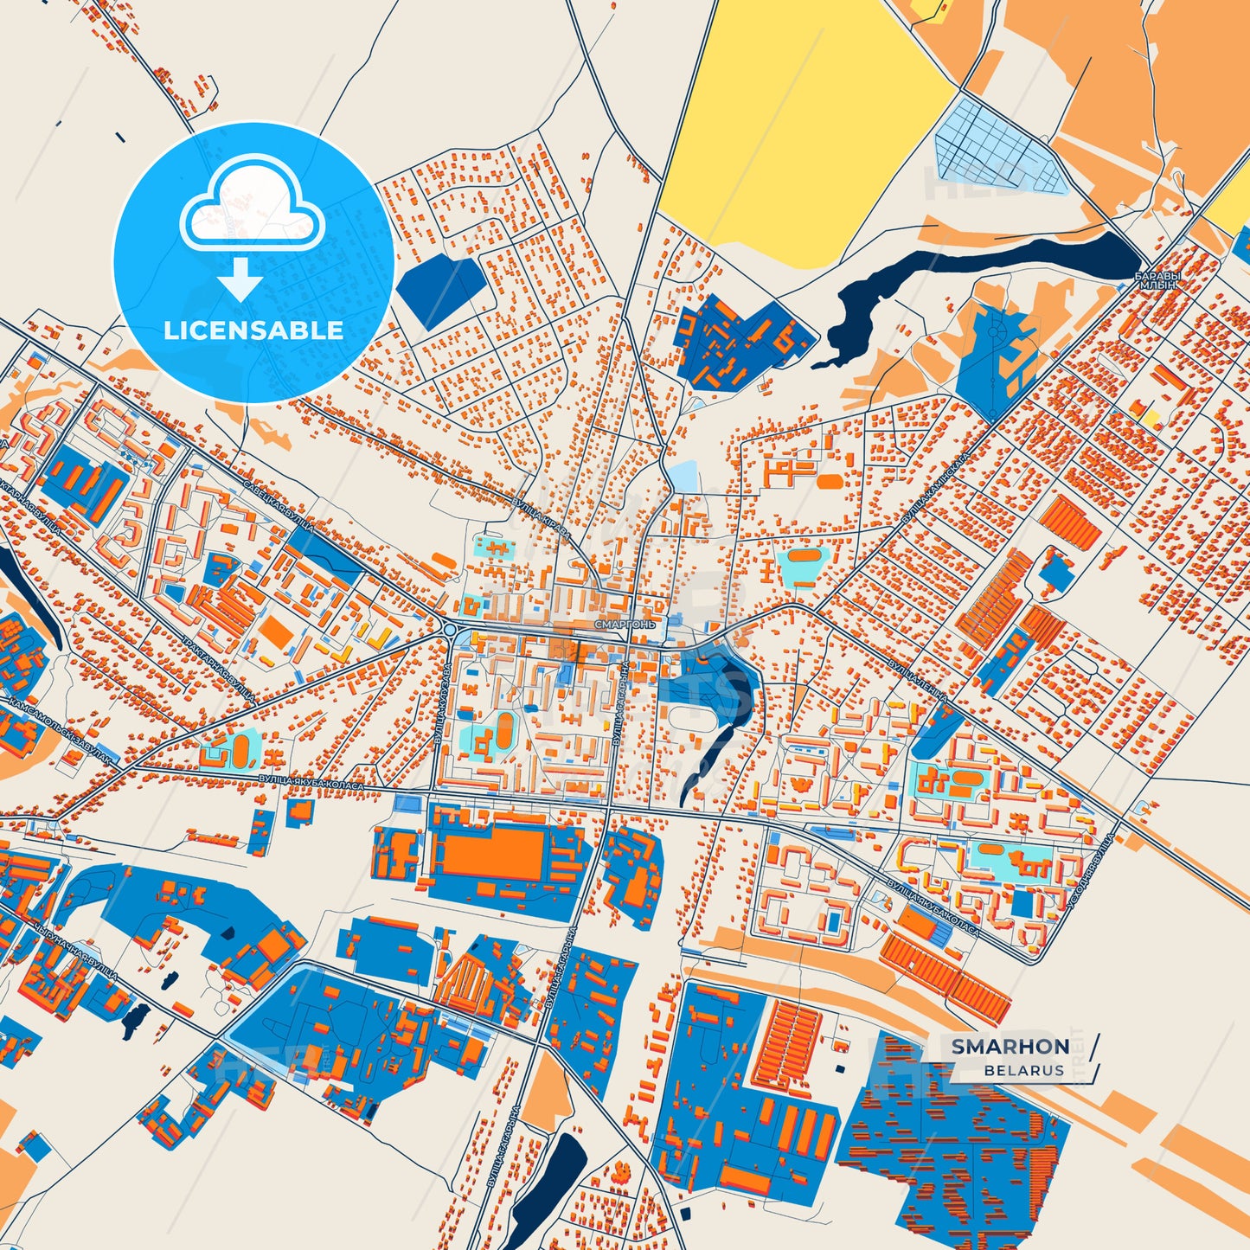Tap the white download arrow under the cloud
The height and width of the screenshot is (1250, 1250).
point(240,279)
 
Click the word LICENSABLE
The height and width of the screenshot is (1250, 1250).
point(253,330)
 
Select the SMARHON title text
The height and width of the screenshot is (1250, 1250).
point(1010,1046)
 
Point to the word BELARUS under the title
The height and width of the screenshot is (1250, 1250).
point(1023,1070)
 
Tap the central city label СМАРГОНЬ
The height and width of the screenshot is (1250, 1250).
point(625,623)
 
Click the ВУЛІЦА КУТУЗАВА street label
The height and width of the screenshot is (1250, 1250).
point(440,705)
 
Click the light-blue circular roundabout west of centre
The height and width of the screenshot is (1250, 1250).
point(450,629)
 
